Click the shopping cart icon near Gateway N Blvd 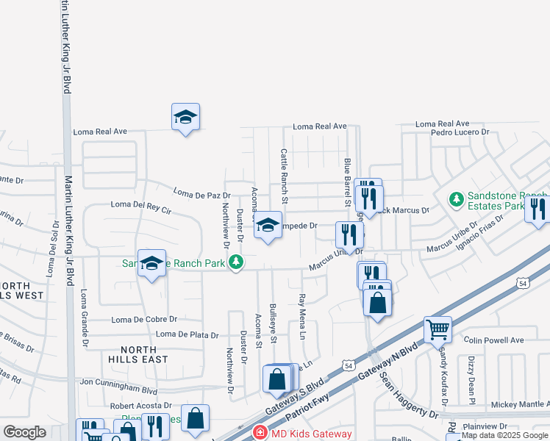point(438,330)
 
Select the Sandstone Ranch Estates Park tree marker point(456,198)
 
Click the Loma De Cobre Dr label point(145,320)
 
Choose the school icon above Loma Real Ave point(186,116)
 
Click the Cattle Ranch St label point(284,176)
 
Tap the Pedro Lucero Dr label point(460,132)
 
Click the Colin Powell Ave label point(494,340)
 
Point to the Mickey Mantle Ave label point(519,404)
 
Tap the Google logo point(24,432)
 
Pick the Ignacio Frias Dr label point(479,232)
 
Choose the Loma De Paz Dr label point(201,193)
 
